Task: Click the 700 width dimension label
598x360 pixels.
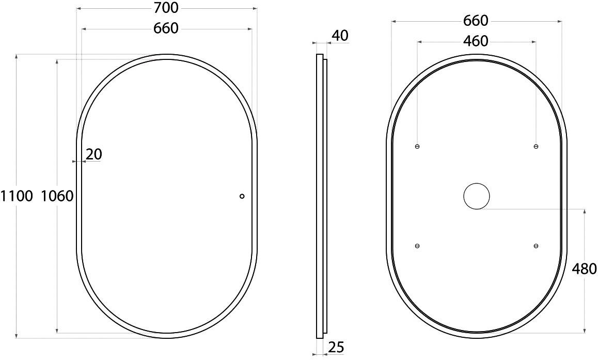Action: click(167, 8)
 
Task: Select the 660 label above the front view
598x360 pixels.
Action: click(166, 28)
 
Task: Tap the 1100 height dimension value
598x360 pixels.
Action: click(17, 196)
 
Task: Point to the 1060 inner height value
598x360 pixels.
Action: click(57, 196)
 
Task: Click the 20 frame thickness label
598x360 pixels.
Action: click(94, 154)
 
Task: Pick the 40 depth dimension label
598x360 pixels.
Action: click(340, 36)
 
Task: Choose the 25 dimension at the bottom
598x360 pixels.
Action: click(336, 347)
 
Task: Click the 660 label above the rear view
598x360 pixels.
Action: click(476, 21)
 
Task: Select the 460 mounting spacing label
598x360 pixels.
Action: click(476, 41)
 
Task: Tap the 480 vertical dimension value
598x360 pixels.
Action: click(584, 269)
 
